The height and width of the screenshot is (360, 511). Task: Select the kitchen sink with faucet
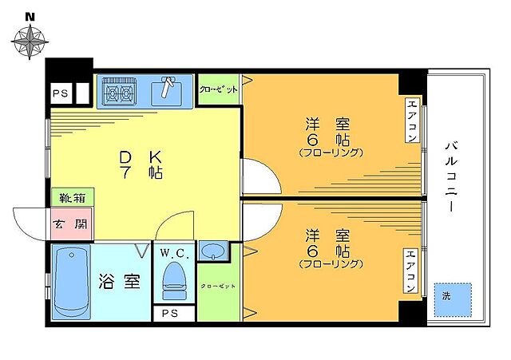tap(168, 90)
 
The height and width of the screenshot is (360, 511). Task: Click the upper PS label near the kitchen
tap(59, 93)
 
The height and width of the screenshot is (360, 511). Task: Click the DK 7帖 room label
tap(141, 164)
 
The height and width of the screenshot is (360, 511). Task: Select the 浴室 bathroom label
tap(121, 282)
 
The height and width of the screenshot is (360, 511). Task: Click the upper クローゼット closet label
tap(218, 90)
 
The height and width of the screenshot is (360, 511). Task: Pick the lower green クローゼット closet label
tap(218, 286)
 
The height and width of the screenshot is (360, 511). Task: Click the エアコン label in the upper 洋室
tap(411, 120)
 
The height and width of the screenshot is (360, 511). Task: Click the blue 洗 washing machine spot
tap(452, 296)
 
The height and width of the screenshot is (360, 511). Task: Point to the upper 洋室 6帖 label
tap(328, 136)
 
